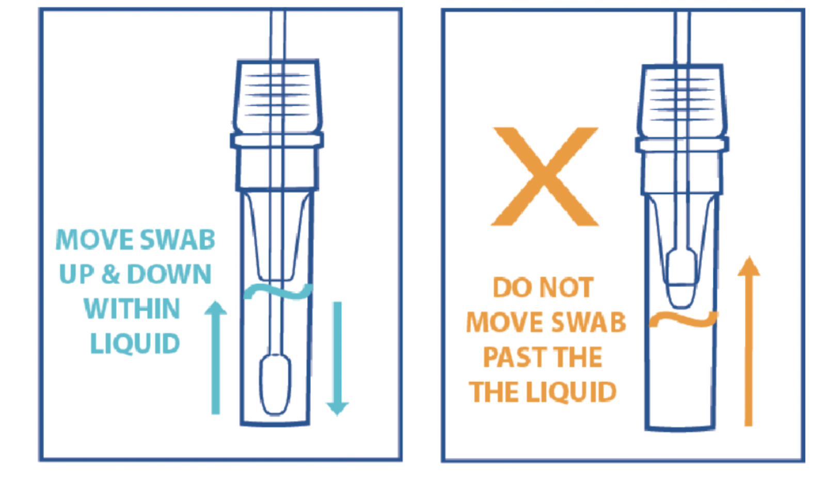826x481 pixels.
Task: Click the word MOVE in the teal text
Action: click(94, 240)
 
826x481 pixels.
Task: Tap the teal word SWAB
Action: click(178, 240)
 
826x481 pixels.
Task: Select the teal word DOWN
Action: click(169, 274)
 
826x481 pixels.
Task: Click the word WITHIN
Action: click(132, 308)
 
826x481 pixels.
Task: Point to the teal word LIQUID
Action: click(135, 344)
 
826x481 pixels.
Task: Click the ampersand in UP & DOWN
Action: click(110, 274)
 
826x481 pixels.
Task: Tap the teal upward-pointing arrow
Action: click(216, 357)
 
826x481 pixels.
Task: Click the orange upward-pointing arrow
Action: click(749, 341)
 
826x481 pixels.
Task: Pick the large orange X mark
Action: click(545, 176)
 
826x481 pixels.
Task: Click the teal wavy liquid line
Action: click(278, 292)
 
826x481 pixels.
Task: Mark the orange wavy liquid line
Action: click(684, 319)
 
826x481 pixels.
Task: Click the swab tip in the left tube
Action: click(276, 385)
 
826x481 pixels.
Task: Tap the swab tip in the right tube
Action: click(681, 278)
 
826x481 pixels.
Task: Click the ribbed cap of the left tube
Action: click(277, 96)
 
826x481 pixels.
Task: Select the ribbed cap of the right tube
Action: click(682, 101)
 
